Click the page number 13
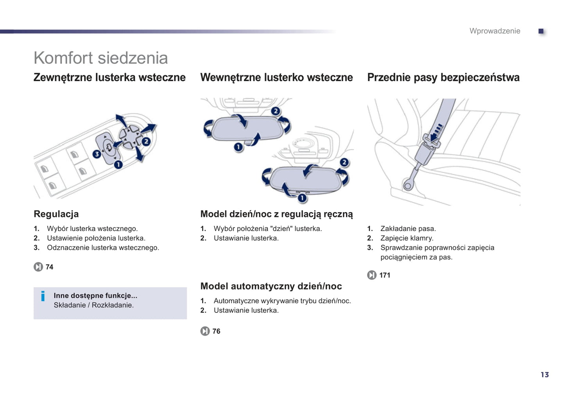(545, 374)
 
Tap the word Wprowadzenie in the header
(495, 31)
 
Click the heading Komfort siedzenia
(100, 58)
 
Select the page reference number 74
(49, 267)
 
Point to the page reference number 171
(385, 275)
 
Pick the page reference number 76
(216, 331)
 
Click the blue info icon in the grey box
(43, 296)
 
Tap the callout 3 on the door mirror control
(97, 154)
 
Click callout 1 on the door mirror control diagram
(118, 164)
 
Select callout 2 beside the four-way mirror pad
(146, 141)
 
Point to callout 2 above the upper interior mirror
(275, 111)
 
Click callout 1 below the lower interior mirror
(302, 198)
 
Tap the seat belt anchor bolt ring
(407, 186)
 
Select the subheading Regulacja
(56, 214)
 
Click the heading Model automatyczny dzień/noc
(271, 286)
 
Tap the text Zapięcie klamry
(407, 238)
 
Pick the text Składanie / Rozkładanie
(93, 305)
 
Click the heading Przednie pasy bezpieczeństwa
(443, 77)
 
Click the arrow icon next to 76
(205, 331)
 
